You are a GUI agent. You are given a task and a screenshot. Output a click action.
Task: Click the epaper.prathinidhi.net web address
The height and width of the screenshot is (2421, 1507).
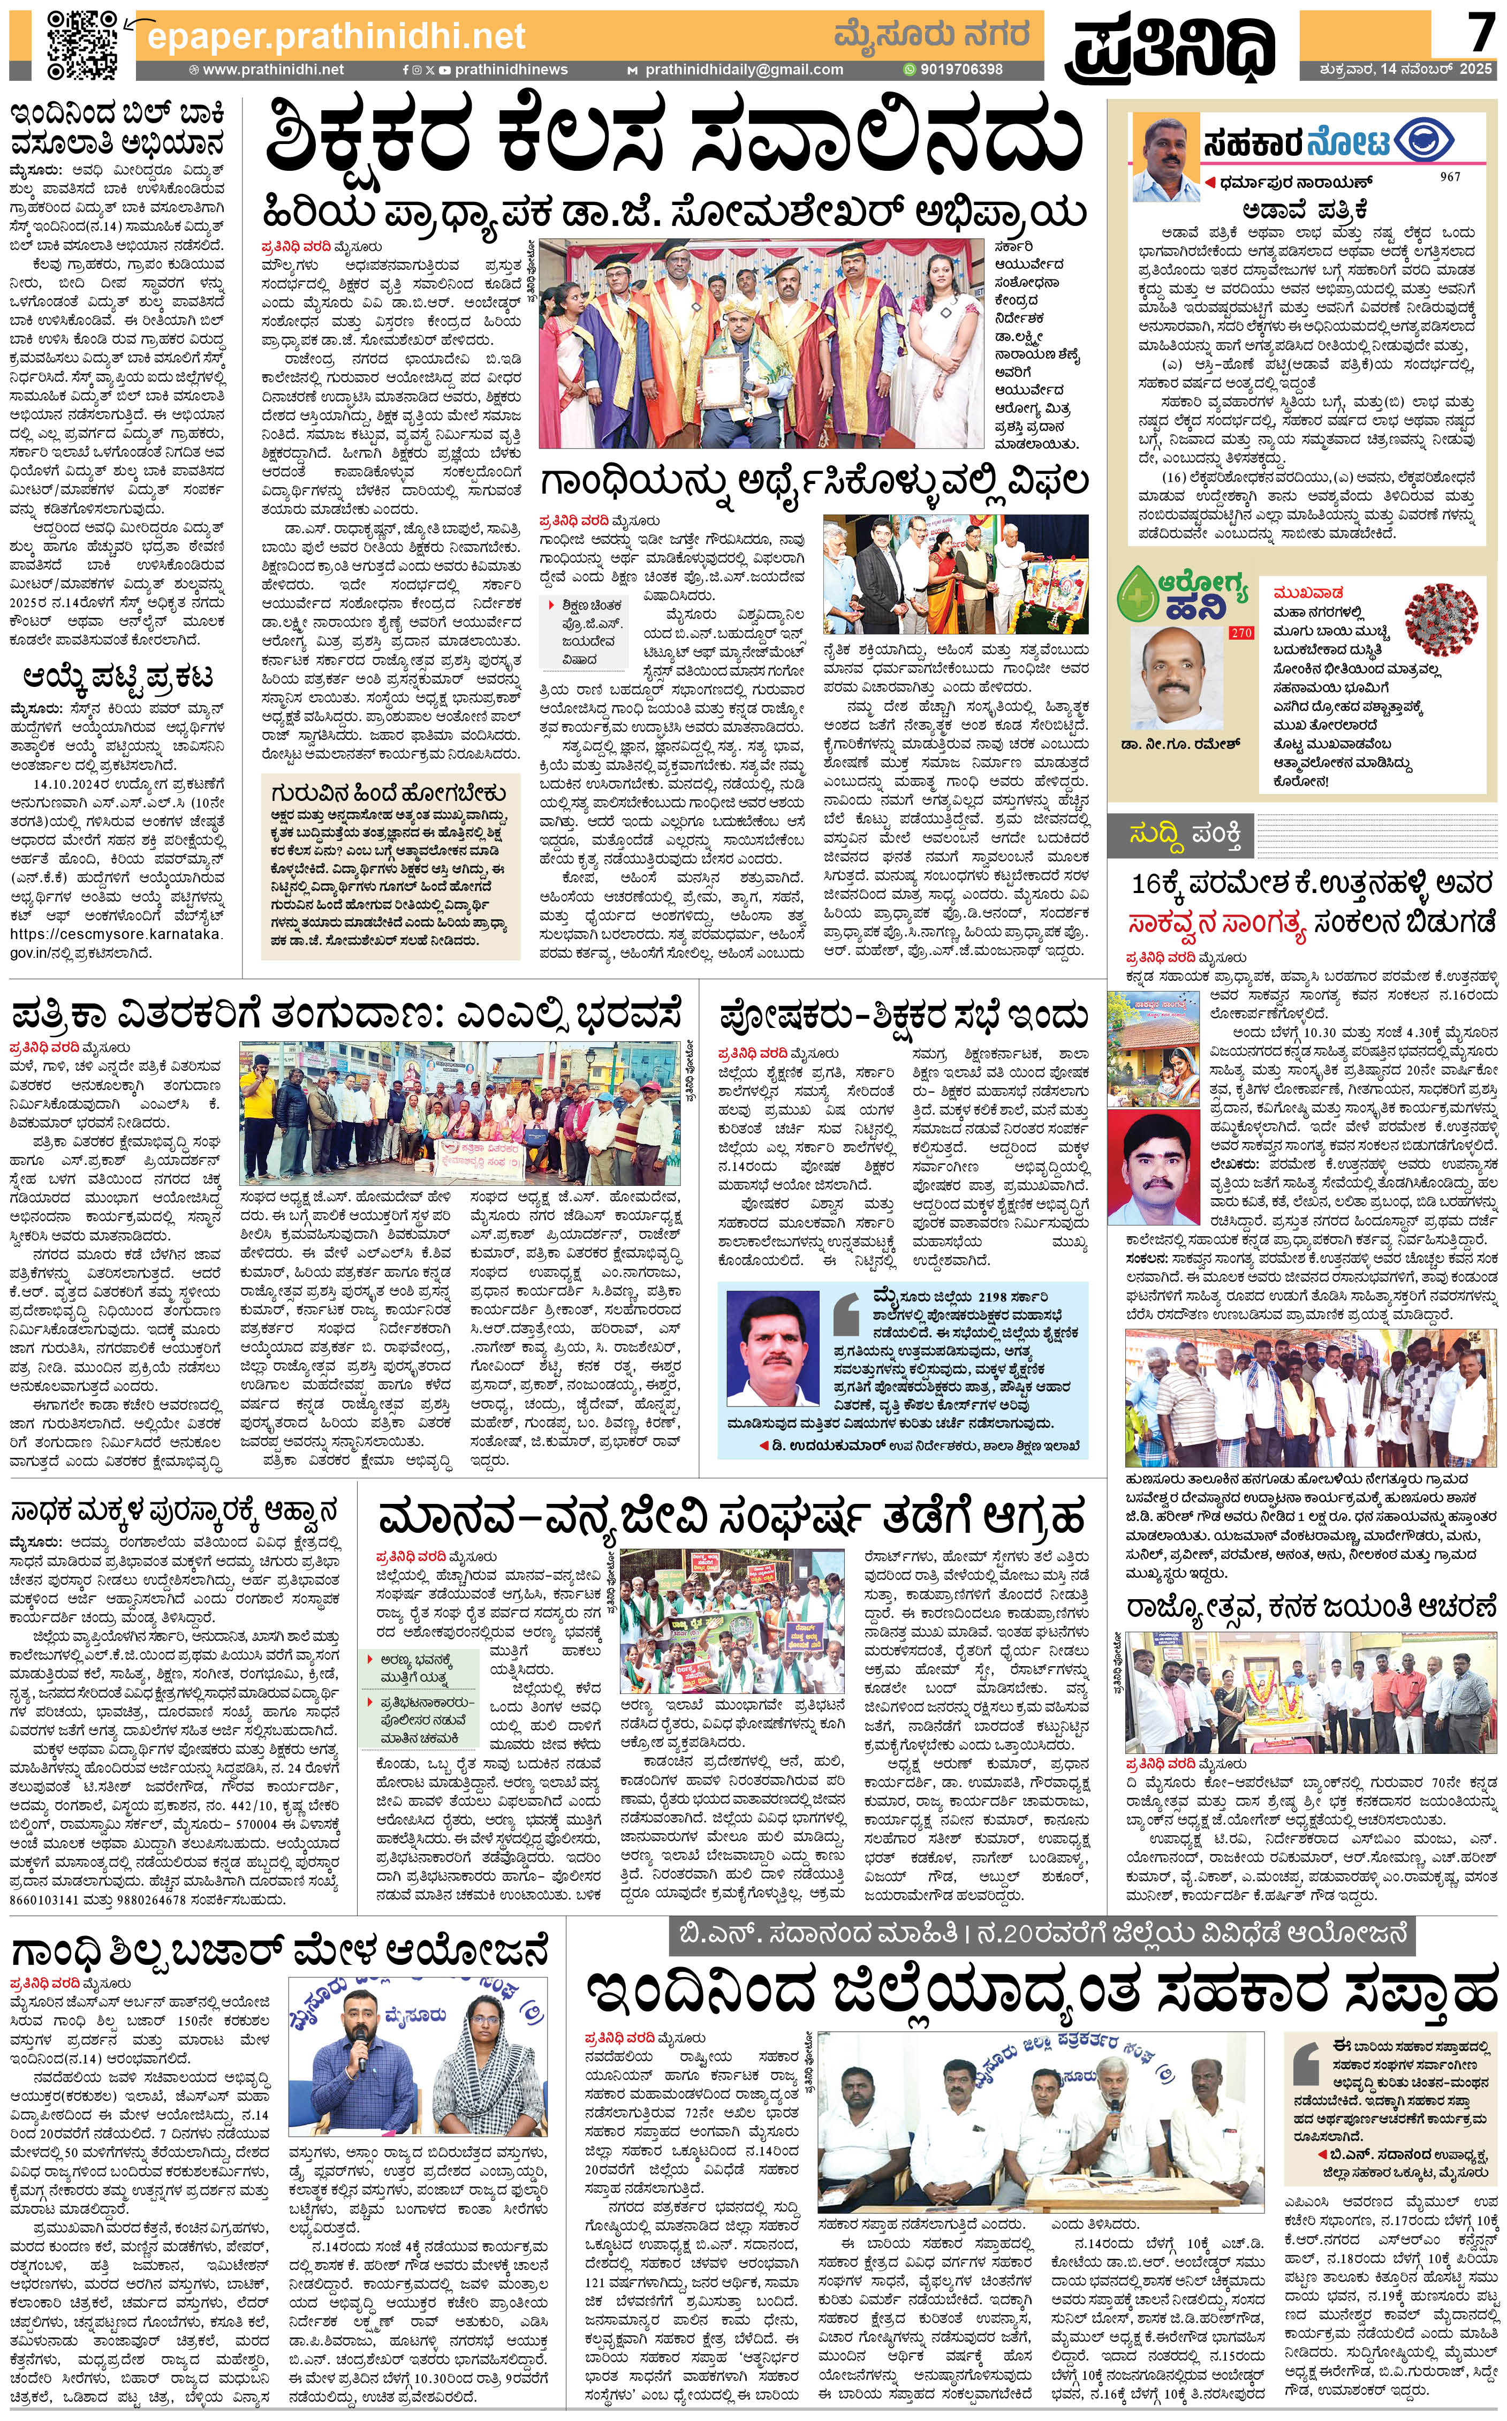point(336,37)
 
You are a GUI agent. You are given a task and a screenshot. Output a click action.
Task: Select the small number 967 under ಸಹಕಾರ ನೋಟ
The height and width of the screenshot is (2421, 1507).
point(1450,177)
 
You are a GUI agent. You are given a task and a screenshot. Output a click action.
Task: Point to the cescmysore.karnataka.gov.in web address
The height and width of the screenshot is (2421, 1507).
point(116,943)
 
